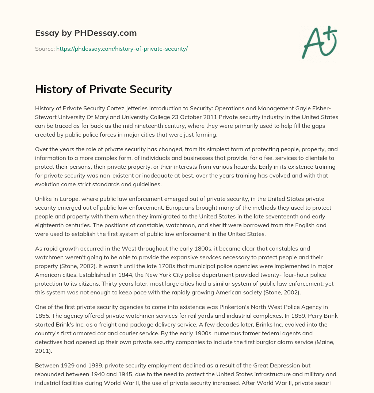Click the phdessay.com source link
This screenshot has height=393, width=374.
[x=122, y=49]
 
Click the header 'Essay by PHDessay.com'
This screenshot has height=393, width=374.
[x=86, y=33]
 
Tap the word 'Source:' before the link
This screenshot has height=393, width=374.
[x=45, y=49]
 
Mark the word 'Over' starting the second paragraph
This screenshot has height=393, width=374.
[x=41, y=149]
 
